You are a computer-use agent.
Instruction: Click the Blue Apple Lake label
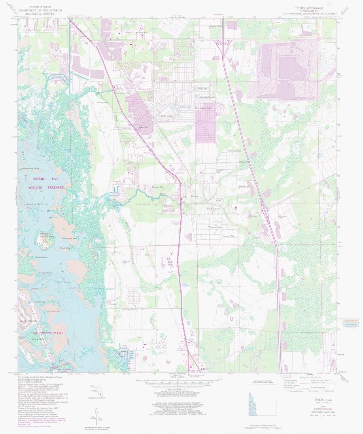tap(206, 97)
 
